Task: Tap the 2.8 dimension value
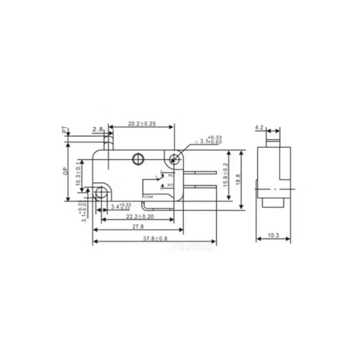click(97, 130)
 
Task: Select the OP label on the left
click(65, 171)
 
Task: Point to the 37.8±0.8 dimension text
click(155, 239)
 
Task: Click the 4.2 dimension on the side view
click(259, 128)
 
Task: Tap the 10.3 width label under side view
click(273, 236)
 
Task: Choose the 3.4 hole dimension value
click(115, 207)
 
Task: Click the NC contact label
click(171, 175)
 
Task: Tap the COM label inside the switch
click(148, 197)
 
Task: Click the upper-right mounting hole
click(174, 158)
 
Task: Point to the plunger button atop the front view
click(108, 143)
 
